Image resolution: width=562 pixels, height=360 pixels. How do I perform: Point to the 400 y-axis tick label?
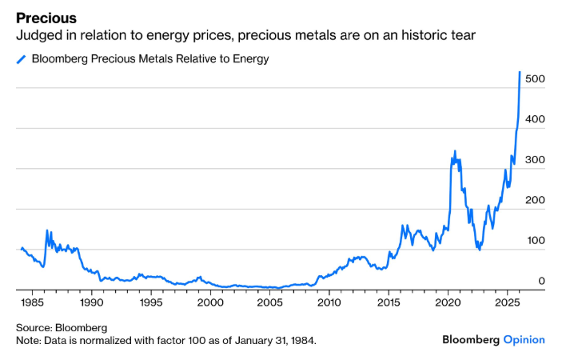click(535, 118)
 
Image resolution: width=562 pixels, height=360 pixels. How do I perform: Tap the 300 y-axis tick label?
click(535, 160)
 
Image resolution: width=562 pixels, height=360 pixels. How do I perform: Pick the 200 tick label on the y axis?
click(535, 200)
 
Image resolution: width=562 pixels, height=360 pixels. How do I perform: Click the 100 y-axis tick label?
click(535, 241)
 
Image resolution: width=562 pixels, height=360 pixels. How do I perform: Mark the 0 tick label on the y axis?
click(541, 281)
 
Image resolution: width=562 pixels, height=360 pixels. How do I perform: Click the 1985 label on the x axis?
click(32, 304)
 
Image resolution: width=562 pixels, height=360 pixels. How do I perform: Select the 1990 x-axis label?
click(91, 304)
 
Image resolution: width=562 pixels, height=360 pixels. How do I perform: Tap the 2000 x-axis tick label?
click(210, 304)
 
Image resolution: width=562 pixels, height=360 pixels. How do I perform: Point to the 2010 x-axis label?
click(329, 304)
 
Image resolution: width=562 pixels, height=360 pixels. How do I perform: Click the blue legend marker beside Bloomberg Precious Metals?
click(21, 58)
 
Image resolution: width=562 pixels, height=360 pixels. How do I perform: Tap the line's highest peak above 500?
click(520, 72)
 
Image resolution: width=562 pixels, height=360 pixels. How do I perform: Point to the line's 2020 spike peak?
click(455, 150)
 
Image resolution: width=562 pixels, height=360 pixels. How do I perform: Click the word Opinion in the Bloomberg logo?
click(524, 340)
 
